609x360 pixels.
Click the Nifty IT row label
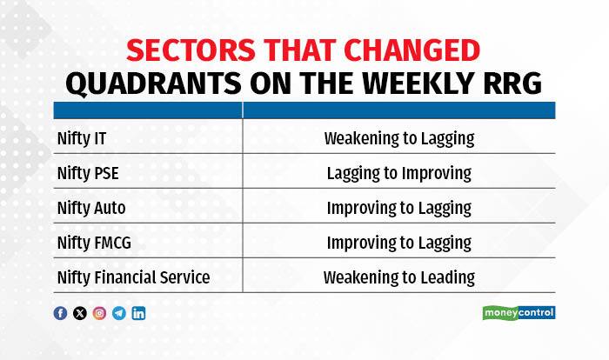coord(82,138)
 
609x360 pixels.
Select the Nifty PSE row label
coord(88,173)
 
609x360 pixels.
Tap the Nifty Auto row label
coord(91,208)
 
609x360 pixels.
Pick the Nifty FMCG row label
coord(94,243)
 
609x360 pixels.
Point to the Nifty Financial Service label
coord(134,277)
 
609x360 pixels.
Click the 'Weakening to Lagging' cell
coord(399,138)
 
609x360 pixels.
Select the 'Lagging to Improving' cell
coord(399,173)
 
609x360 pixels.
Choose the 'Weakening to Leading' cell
coord(399,277)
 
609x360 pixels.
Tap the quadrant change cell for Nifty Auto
coord(399,208)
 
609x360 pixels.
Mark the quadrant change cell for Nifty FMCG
coord(399,243)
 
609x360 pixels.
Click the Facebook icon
coord(60,313)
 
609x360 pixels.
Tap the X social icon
coord(80,313)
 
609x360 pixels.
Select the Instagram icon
coord(99,313)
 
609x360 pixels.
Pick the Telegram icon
coord(119,313)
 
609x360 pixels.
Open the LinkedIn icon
coord(138,313)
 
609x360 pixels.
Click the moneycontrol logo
coord(519,313)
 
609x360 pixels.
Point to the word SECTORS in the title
coord(191,50)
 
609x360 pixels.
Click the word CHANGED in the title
coord(412,50)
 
